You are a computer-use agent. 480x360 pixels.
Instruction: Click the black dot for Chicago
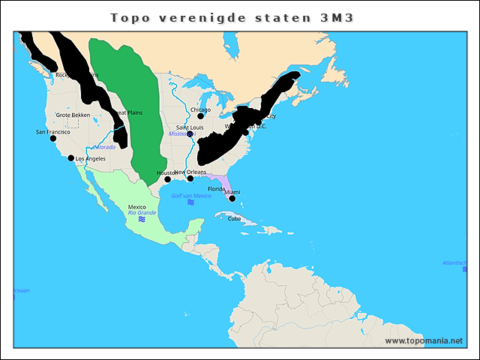[200, 116]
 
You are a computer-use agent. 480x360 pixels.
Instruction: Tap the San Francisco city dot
[52, 139]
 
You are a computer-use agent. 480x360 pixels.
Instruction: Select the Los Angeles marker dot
[71, 158]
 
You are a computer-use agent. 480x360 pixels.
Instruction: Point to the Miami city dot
[232, 199]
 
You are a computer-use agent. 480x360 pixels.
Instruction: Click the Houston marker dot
[168, 179]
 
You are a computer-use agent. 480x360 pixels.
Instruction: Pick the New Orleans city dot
[190, 178]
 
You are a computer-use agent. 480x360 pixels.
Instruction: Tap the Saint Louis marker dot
[190, 134]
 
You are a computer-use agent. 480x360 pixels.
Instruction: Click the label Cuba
[235, 219]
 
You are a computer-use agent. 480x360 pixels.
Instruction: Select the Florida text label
[217, 189]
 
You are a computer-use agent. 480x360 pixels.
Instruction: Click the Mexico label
[137, 206]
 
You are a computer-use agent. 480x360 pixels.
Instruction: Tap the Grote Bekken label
[73, 115]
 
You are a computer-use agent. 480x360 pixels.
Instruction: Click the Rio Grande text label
[141, 212]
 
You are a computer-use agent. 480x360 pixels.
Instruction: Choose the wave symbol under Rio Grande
[141, 220]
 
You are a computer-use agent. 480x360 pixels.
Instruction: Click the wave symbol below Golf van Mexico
[190, 202]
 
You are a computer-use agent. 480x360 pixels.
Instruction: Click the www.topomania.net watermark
[424, 340]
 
